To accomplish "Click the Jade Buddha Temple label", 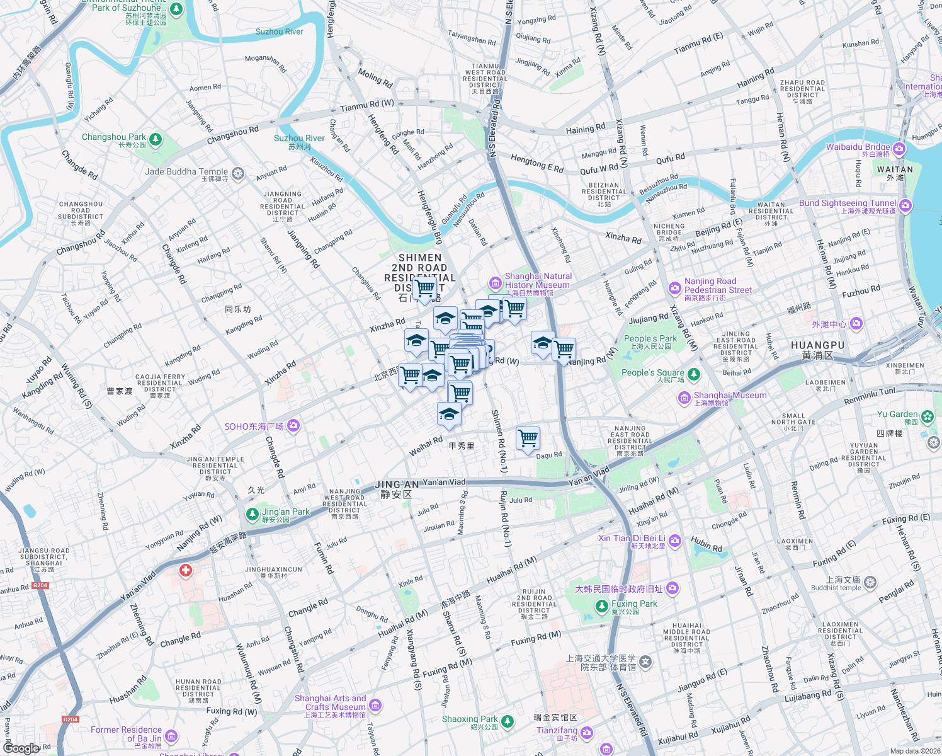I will [186, 172].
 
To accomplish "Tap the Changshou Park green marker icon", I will [156, 139].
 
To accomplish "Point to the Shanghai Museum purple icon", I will [684, 398].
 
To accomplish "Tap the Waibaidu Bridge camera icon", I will [899, 149].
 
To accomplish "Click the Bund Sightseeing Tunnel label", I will [848, 203].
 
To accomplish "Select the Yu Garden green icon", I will [927, 416].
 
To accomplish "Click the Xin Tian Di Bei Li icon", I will [675, 541].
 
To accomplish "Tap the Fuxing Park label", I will [634, 604].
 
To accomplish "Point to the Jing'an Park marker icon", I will [252, 515].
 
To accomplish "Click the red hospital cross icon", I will [186, 571].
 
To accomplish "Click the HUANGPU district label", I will [817, 345].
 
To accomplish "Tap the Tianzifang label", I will [557, 730].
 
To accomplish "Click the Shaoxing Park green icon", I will [508, 721].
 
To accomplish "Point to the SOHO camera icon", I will [293, 427].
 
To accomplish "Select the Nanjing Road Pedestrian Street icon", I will [675, 289].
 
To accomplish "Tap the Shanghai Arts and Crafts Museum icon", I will [375, 705].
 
